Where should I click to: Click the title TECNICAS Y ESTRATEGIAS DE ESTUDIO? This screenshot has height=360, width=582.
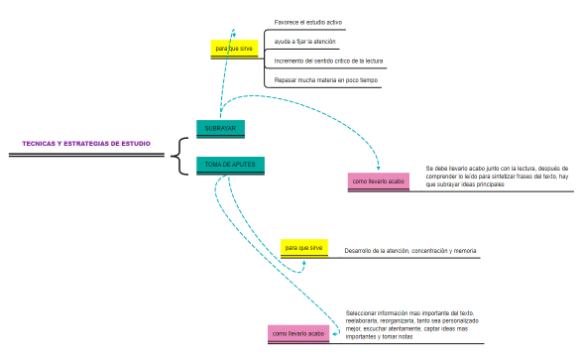click(x=86, y=144)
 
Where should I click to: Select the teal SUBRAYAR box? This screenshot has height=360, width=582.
click(x=220, y=128)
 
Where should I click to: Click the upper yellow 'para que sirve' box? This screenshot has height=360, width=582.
click(x=235, y=48)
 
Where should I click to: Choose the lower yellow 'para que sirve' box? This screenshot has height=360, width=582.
click(x=303, y=247)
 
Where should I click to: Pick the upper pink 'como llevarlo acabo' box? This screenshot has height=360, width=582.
click(x=379, y=181)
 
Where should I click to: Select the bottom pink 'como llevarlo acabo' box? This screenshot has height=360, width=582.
click(x=298, y=334)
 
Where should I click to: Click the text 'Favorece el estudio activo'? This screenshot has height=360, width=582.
click(x=308, y=22)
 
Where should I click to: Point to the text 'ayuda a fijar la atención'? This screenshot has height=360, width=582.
click(x=304, y=42)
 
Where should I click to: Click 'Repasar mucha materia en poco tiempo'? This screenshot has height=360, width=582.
click(x=325, y=80)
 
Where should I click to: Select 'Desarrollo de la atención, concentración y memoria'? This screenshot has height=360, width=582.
click(x=409, y=251)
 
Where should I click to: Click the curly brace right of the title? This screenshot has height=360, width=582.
click(x=177, y=155)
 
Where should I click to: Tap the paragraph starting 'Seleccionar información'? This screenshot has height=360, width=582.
click(x=412, y=324)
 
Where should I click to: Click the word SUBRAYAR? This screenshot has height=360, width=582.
click(x=220, y=128)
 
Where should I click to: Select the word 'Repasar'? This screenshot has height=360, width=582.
click(x=286, y=80)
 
